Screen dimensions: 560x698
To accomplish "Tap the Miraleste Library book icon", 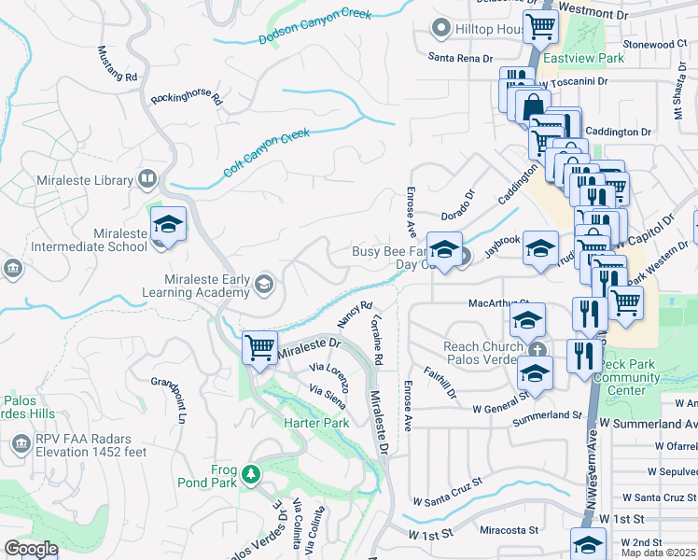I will (147, 178).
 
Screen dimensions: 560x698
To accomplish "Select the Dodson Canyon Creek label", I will (314, 26).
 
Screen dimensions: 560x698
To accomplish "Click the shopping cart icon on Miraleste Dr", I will (260, 349).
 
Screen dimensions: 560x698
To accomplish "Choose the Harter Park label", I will (315, 422).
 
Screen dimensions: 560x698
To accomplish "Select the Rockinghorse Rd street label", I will (187, 97).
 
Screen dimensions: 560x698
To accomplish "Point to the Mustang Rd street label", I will (118, 63).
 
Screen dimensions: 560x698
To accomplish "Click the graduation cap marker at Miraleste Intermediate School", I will (169, 225).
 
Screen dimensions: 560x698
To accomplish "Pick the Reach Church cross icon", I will (536, 349).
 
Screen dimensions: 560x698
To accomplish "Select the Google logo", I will (31, 549).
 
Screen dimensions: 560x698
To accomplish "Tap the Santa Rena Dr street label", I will (459, 58).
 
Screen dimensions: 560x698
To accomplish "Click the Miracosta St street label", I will (510, 530).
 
